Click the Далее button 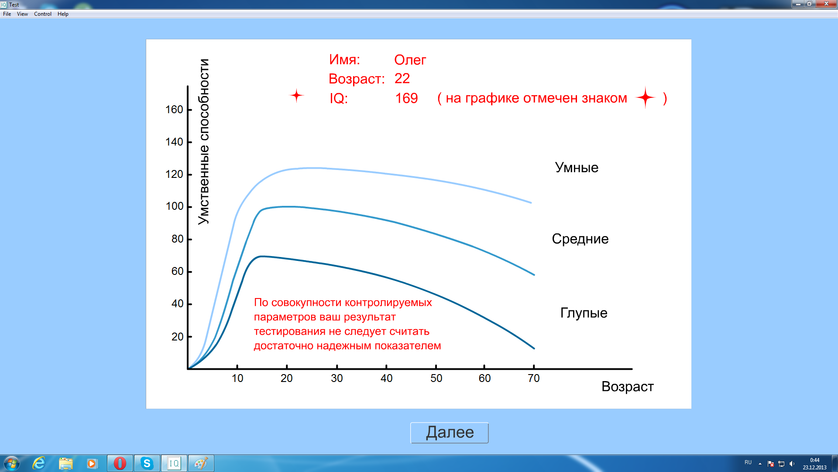click(x=449, y=433)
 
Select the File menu click(x=7, y=14)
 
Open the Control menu click(x=43, y=14)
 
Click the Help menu click(x=63, y=14)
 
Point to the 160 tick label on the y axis click(x=174, y=110)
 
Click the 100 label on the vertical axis click(x=175, y=206)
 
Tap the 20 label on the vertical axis click(x=177, y=337)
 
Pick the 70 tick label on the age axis click(x=534, y=378)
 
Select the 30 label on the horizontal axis click(x=337, y=378)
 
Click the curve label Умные click(x=577, y=167)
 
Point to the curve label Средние click(x=580, y=239)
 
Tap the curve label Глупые click(x=584, y=313)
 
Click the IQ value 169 click(x=406, y=98)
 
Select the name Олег click(x=410, y=60)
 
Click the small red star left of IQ click(x=297, y=95)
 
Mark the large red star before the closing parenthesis click(x=646, y=97)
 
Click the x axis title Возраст click(x=627, y=387)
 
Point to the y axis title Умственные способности click(x=203, y=142)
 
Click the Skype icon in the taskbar click(x=147, y=463)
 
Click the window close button click(x=826, y=4)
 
